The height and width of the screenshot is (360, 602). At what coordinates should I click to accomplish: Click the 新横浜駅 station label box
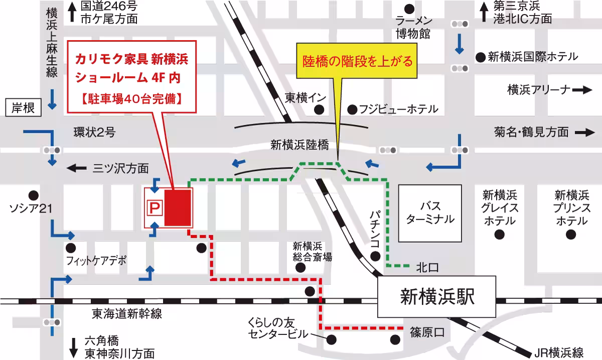(x=437, y=297)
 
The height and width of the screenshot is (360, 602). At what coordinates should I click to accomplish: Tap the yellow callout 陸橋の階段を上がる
(x=358, y=62)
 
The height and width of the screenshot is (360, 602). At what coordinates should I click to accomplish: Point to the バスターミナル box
(x=430, y=213)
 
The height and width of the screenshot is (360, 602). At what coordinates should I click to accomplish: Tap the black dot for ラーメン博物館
(x=410, y=8)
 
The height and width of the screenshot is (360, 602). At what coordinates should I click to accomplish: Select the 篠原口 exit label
(x=427, y=332)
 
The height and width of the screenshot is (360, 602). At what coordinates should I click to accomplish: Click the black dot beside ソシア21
(x=34, y=195)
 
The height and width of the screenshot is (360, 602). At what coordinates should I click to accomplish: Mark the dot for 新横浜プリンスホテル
(x=570, y=234)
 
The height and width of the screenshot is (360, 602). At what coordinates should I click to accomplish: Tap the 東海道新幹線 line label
(x=127, y=314)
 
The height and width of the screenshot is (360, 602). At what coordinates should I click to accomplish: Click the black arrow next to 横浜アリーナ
(x=582, y=90)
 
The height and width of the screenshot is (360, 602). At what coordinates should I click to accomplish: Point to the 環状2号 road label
(x=94, y=133)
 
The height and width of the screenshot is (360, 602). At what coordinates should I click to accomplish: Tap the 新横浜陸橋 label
(x=299, y=145)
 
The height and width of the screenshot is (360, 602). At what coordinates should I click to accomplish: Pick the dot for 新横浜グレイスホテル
(x=499, y=234)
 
